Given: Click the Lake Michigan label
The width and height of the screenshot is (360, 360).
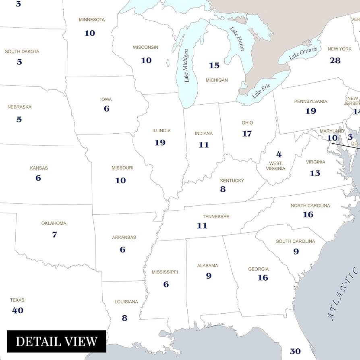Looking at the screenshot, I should (x=186, y=66).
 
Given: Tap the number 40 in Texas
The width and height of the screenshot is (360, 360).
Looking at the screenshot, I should (x=18, y=310).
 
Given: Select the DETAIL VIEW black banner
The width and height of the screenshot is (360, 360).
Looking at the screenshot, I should (x=57, y=341).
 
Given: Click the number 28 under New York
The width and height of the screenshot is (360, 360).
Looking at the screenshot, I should (x=335, y=61).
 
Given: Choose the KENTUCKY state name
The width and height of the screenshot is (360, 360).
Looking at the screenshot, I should (x=232, y=181).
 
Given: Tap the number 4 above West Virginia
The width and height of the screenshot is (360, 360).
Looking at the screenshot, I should (x=279, y=155).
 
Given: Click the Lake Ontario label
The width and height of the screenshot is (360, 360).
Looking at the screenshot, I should (x=303, y=52).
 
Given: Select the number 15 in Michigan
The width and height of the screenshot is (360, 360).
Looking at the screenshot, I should (x=214, y=65).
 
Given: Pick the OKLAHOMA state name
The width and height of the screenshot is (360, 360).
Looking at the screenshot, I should (x=54, y=223).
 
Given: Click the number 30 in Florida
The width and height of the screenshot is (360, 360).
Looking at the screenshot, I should (x=295, y=352).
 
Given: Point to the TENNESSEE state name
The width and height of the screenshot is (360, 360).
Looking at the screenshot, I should (x=216, y=217).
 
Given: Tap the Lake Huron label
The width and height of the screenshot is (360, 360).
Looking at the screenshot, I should (x=237, y=39).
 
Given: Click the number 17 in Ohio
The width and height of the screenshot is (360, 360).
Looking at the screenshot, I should (x=247, y=134).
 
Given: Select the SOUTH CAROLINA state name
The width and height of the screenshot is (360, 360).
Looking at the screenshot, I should (x=295, y=242).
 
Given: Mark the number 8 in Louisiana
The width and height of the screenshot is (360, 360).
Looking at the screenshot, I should (x=124, y=318).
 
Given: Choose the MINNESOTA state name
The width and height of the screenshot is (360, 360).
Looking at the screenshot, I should (x=92, y=20).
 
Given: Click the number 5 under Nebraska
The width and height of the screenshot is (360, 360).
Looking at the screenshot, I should (x=19, y=120).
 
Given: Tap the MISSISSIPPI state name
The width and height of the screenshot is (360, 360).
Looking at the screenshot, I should (x=165, y=272).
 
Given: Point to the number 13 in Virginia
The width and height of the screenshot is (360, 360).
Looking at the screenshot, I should (x=315, y=173).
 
